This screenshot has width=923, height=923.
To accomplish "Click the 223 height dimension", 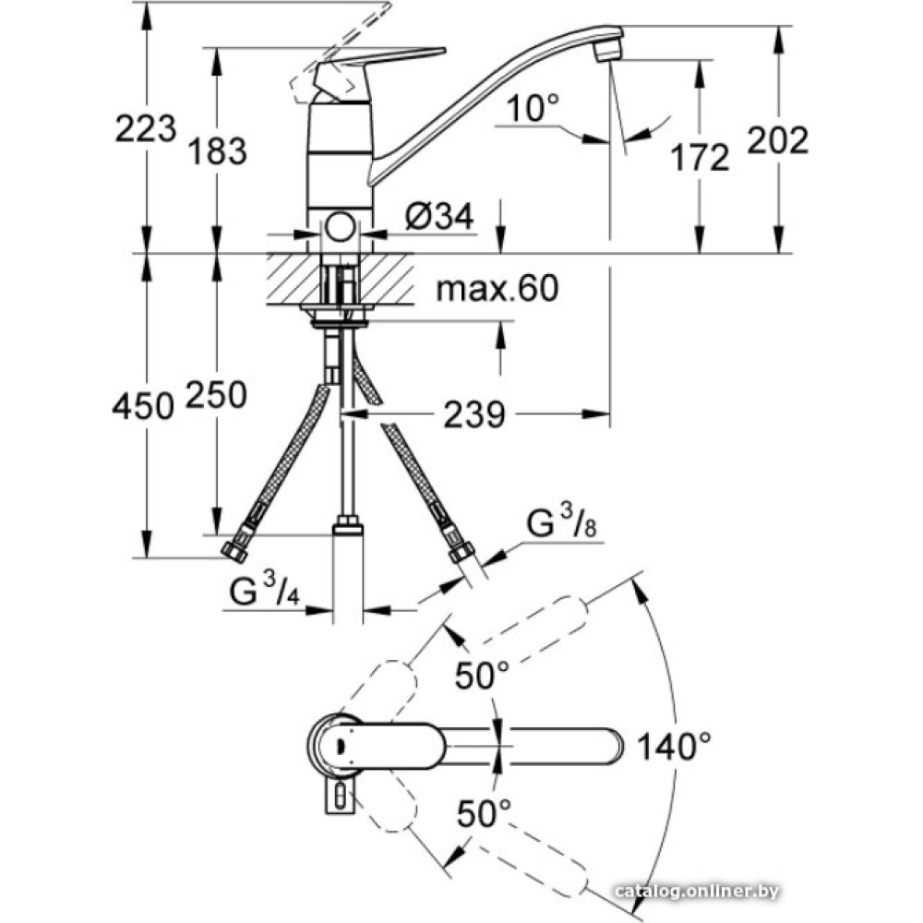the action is pyautogui.click(x=146, y=128).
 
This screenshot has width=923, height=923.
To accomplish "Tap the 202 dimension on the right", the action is pyautogui.click(x=778, y=140).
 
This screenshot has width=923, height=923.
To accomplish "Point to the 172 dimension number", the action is pyautogui.click(x=700, y=157).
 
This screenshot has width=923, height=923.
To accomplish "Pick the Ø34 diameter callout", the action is pyautogui.click(x=439, y=216).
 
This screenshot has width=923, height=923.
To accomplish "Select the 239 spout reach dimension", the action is pyautogui.click(x=474, y=414).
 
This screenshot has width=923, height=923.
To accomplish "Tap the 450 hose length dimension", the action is pyautogui.click(x=143, y=405).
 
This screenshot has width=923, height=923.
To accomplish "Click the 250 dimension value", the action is pyautogui.click(x=216, y=394).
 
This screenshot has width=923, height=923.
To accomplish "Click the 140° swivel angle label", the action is pyautogui.click(x=675, y=747).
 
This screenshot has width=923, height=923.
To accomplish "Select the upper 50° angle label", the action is pyautogui.click(x=482, y=675).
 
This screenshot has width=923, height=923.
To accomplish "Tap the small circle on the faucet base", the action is pyautogui.click(x=341, y=228).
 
